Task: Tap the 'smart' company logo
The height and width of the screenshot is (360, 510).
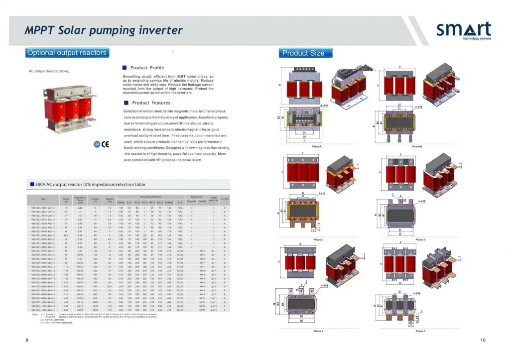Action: click(463, 30)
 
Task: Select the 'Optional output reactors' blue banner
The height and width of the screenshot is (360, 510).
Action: click(67, 53)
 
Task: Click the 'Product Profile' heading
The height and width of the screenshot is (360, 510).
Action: click(147, 68)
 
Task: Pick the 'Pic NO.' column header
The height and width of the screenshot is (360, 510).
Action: click(225, 199)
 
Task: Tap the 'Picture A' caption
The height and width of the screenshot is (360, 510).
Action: click(317, 147)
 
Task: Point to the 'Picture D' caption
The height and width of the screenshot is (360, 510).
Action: click(420, 240)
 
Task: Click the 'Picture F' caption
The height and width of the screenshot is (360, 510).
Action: click(420, 331)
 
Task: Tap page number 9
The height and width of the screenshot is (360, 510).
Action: click(26, 341)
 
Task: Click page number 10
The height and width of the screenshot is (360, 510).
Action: click(483, 341)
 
